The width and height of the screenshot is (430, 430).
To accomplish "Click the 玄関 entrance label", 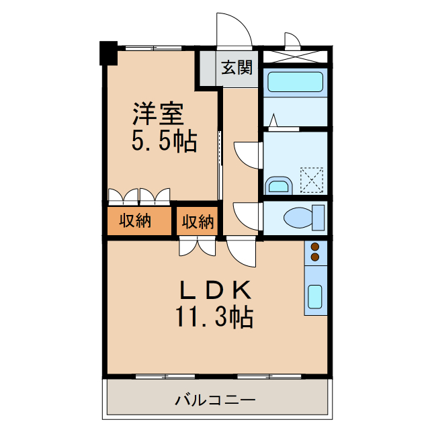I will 237,68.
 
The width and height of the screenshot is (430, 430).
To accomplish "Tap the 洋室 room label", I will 158,114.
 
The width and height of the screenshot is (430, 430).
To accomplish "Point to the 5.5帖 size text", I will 163,141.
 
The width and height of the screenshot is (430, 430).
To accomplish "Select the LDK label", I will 214,290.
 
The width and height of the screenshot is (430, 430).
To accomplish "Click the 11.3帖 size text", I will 214,316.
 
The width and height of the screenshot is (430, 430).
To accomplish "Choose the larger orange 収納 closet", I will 138,220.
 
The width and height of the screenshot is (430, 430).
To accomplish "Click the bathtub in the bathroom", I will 295,83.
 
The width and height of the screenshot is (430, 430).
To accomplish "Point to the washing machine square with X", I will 312,178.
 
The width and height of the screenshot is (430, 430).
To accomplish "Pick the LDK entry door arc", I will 241,254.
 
